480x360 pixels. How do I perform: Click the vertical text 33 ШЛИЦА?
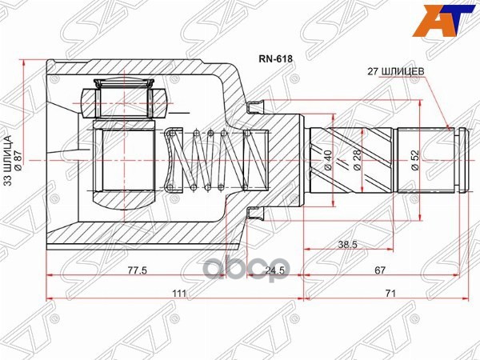click(9, 161)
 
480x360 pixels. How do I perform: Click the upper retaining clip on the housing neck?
click(255, 105)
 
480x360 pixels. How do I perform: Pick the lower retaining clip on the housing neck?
click(255, 212)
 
